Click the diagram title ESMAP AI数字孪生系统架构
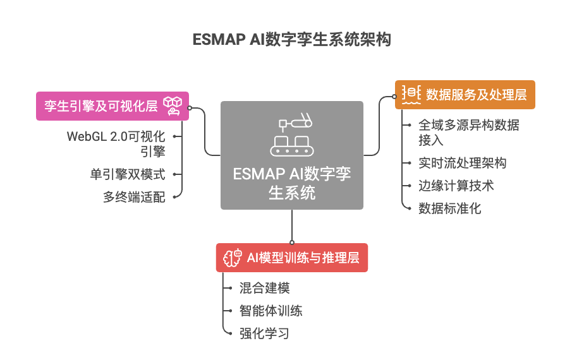[x=291, y=40]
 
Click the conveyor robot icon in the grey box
[x=291, y=136]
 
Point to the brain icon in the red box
[x=230, y=257]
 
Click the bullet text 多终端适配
[x=134, y=197]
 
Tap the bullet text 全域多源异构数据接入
[x=468, y=132]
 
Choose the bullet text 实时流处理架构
[x=462, y=163]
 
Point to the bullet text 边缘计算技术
[x=456, y=186]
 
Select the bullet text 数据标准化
[x=449, y=208]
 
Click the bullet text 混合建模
[x=264, y=288]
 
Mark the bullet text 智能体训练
[x=271, y=311]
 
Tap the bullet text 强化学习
[x=264, y=333]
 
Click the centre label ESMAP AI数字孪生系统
[x=291, y=183]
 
